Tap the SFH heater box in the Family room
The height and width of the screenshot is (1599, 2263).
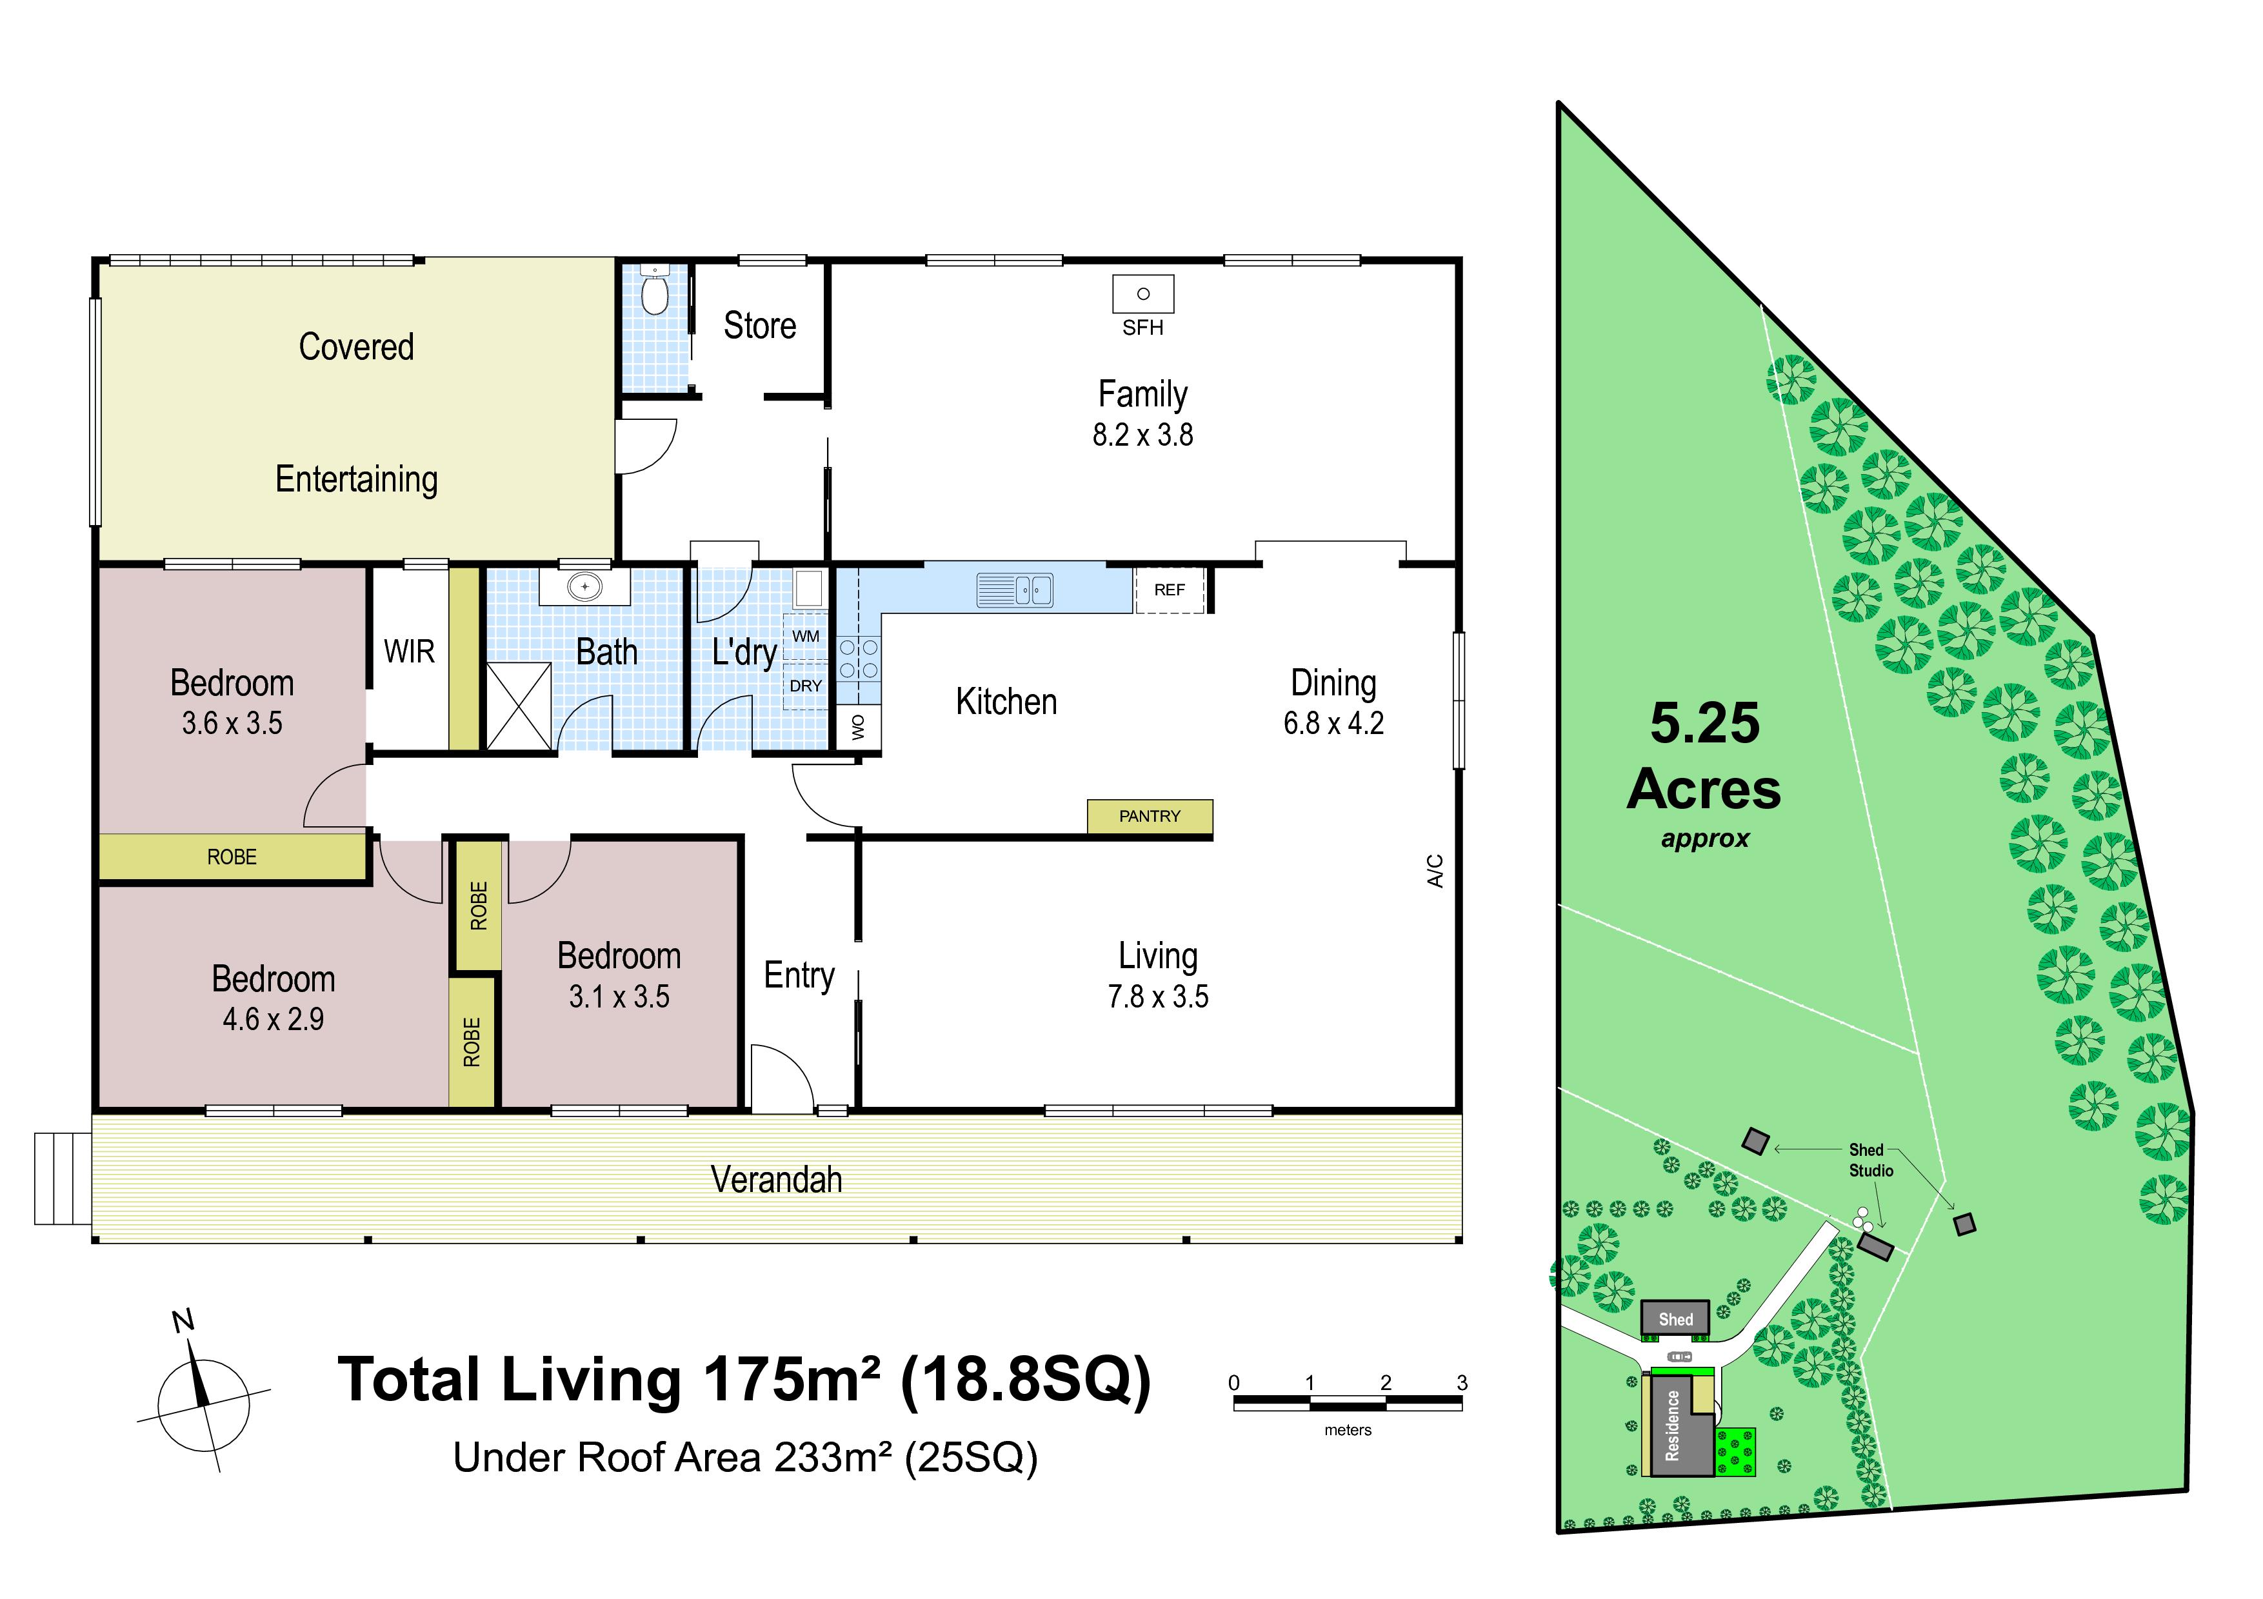coord(1142,293)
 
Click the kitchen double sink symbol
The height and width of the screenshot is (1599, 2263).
coord(1014,589)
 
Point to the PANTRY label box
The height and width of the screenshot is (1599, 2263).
coord(1150,817)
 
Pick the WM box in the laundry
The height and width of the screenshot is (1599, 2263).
coord(805,637)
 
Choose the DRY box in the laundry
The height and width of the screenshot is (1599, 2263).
coord(805,686)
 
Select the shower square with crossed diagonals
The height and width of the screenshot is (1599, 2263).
coord(519,706)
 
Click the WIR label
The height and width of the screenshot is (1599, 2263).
coord(409,651)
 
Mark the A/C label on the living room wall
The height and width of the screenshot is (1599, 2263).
coord(1435,871)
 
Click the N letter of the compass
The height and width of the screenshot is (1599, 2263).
coord(183,1321)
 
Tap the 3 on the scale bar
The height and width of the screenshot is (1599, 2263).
coord(1462,1382)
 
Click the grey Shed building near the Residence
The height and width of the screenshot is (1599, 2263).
coord(1675,1318)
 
